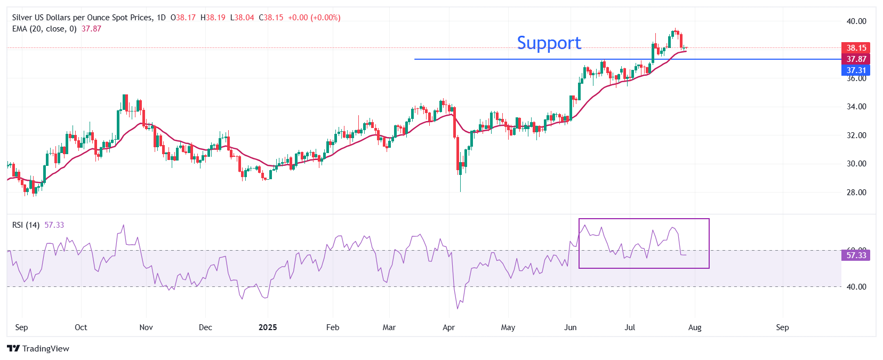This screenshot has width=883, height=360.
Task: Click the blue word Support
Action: coord(549,43)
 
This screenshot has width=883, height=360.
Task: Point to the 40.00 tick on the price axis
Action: coord(856,21)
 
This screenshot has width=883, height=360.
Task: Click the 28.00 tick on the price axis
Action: coord(856,192)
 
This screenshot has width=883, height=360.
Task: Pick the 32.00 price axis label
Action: coord(856,135)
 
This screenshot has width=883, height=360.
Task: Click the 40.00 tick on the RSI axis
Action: coord(856,286)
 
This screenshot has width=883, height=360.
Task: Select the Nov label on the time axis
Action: coord(146,327)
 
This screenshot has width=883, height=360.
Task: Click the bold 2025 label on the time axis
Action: coord(268,327)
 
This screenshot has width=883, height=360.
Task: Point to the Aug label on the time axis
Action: coord(695,327)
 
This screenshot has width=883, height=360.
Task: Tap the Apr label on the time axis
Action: coord(448,327)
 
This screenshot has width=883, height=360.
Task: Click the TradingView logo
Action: coord(38,348)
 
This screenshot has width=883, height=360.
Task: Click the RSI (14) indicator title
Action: coord(26,225)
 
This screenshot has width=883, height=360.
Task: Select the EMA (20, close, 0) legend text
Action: coord(44,29)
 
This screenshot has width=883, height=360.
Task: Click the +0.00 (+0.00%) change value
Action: coord(314,18)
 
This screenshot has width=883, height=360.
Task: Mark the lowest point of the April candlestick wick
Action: coord(460,191)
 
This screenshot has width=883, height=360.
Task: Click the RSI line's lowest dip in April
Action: coord(457,308)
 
